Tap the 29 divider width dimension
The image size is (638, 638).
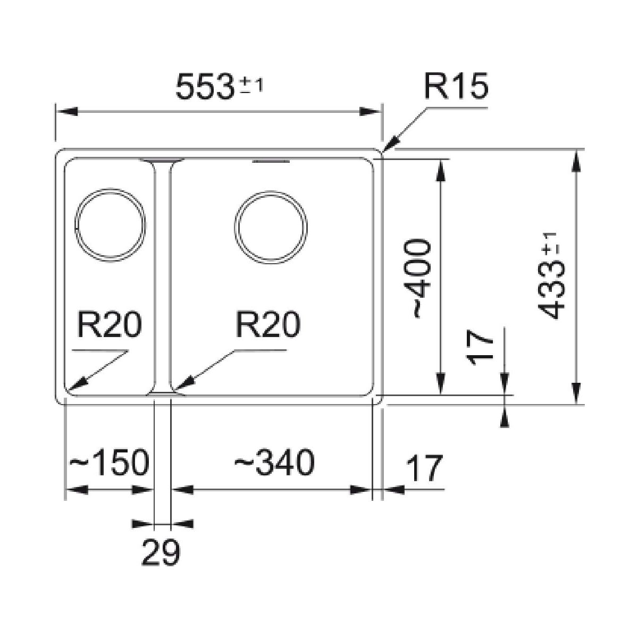click(161, 553)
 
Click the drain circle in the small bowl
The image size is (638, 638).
click(110, 224)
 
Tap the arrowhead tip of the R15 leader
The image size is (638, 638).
click(384, 152)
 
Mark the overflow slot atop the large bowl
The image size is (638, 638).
click(271, 160)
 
